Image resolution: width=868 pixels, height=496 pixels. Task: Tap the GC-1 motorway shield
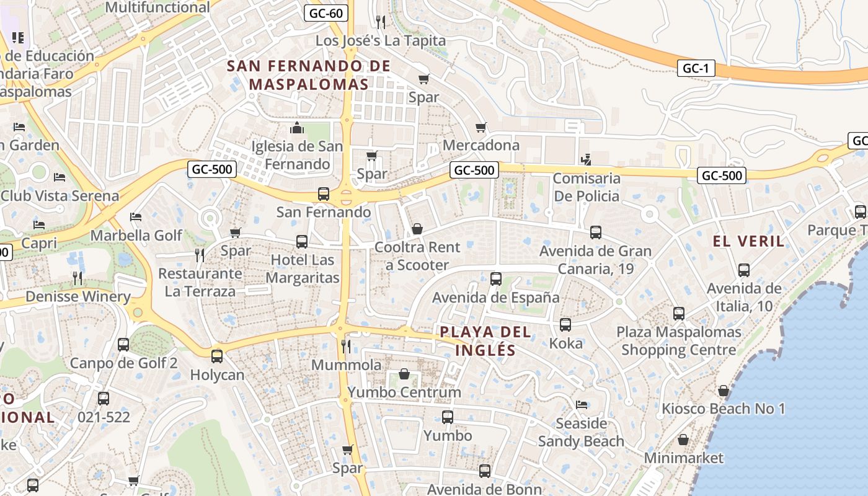pos(695,68)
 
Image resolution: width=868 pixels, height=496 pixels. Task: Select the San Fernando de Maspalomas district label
pos(309,75)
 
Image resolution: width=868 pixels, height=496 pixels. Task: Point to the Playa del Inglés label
pos(485,341)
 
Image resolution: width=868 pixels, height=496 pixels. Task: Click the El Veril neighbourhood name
pos(748,241)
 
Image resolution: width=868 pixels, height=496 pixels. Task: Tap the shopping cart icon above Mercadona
pos(480,128)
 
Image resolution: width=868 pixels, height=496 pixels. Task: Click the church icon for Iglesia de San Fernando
pos(297,128)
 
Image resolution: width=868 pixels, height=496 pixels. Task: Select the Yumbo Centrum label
pos(404,392)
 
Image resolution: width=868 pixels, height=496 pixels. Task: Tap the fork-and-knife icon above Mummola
pos(346,346)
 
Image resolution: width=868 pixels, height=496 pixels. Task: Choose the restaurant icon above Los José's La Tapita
pos(381,22)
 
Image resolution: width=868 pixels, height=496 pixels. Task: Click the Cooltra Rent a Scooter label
pos(417,256)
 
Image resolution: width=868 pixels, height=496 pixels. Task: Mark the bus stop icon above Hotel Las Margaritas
pos(302,242)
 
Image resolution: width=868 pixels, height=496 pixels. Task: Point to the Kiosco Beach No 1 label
pos(723,409)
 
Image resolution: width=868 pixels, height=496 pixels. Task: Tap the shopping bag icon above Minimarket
pos(683,440)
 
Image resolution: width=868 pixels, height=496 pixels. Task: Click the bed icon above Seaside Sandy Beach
pos(581,405)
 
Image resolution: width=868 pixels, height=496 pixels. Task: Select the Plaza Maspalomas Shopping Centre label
pos(678,341)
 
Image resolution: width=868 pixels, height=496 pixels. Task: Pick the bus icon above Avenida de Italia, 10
pos(744,270)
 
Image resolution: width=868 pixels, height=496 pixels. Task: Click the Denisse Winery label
pos(77,296)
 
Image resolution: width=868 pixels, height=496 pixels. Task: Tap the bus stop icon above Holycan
pos(217,356)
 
